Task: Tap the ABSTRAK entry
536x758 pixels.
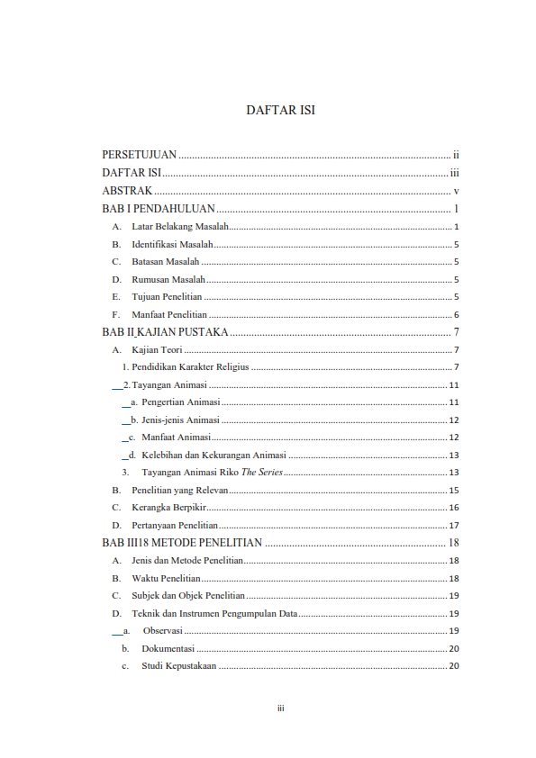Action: click(x=126, y=191)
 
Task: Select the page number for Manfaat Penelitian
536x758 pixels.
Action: click(x=457, y=315)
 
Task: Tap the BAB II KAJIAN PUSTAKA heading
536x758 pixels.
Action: click(x=165, y=333)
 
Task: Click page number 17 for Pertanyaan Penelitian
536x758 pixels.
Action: click(x=455, y=526)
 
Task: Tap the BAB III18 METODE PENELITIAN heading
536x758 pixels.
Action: click(x=182, y=543)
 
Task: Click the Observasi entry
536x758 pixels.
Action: click(x=163, y=631)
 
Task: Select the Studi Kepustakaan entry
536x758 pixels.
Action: click(x=178, y=666)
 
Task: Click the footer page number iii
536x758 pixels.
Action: click(x=280, y=708)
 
